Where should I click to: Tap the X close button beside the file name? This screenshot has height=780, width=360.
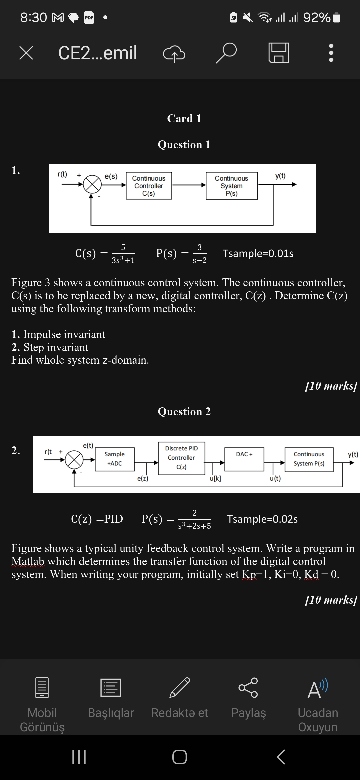26,53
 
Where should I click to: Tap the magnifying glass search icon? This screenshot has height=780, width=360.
226,53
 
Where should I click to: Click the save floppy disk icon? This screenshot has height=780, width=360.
279,53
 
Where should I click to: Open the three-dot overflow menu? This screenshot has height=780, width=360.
331,53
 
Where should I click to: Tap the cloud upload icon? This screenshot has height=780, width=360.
174,54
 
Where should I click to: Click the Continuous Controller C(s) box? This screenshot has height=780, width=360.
149,186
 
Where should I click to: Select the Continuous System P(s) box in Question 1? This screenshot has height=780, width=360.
232,186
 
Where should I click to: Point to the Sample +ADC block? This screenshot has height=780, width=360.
114,459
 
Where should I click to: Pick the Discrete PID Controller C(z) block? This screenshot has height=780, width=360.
181,458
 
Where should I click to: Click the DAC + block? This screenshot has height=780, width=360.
244,459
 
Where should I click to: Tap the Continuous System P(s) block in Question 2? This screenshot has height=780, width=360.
309,459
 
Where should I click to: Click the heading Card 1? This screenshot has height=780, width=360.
184,119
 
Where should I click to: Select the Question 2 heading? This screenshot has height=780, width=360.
184,412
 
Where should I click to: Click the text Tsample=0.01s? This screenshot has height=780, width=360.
258,254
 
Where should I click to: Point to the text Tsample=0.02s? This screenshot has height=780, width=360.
262,519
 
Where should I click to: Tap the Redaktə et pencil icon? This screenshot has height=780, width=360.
180,688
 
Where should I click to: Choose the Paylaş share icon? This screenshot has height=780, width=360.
248,688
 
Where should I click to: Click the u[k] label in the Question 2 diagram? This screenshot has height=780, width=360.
215,479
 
